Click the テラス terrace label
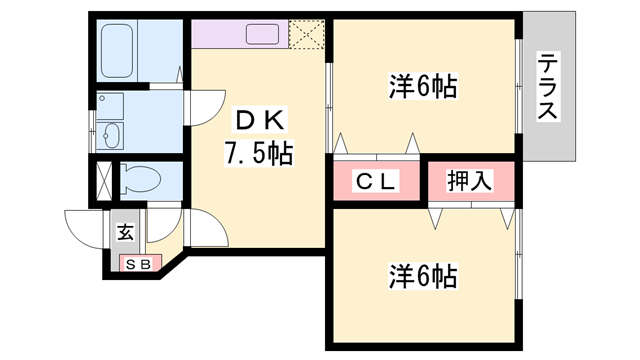point(547,87)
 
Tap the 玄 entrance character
point(125,233)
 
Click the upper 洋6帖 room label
point(423,87)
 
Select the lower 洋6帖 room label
point(423,275)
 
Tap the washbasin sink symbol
point(111,137)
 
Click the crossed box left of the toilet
point(101,182)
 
